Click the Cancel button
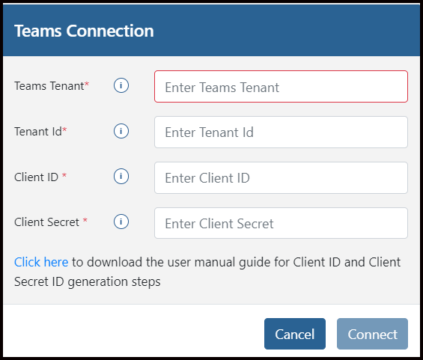pyautogui.click(x=294, y=334)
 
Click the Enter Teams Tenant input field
pyautogui.click(x=281, y=87)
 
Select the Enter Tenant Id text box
pyautogui.click(x=281, y=132)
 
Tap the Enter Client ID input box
pyautogui.click(x=281, y=177)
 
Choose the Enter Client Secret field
pyautogui.click(x=281, y=223)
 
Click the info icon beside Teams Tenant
pyautogui.click(x=121, y=85)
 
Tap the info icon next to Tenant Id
pyautogui.click(x=121, y=131)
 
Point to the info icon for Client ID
pyautogui.click(x=121, y=177)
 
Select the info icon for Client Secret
pyautogui.click(x=121, y=222)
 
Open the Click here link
pyautogui.click(x=41, y=262)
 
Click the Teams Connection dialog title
pyautogui.click(x=84, y=31)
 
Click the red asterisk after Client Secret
pyautogui.click(x=85, y=220)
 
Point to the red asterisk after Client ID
pyautogui.click(x=64, y=175)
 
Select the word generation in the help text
pyautogui.click(x=98, y=282)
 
